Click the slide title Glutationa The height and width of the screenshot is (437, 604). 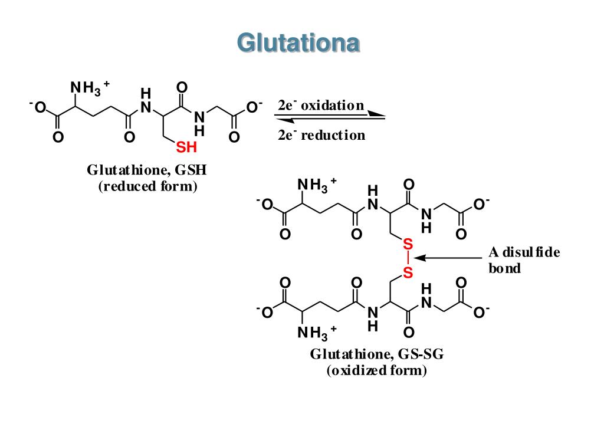click(298, 43)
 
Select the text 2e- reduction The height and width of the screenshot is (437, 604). click(321, 135)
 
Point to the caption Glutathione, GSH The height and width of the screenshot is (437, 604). click(147, 171)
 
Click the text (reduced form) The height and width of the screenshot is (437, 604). click(147, 187)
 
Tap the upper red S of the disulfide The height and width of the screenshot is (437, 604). click(408, 244)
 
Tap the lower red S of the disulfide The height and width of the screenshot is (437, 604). click(408, 272)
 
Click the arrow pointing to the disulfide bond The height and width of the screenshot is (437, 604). click(448, 258)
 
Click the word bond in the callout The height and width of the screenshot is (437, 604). click(505, 268)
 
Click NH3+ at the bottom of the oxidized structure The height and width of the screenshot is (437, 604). click(315, 333)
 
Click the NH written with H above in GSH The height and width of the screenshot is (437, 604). click(145, 101)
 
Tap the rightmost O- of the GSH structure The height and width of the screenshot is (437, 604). click(254, 107)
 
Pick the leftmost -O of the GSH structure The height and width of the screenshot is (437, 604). click(39, 107)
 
